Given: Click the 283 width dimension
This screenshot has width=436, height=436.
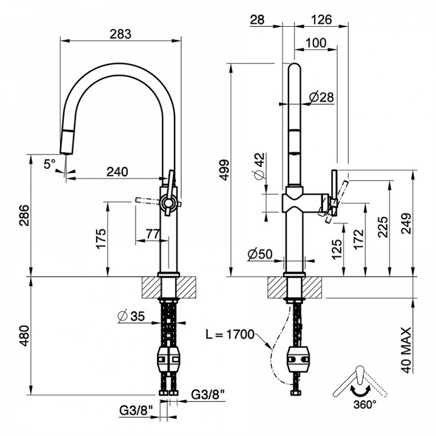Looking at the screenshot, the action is pyautogui.click(x=120, y=34).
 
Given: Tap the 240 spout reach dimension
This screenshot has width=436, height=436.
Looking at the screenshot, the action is pyautogui.click(x=117, y=171).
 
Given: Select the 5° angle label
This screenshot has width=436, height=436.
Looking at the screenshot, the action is pyautogui.click(x=50, y=164).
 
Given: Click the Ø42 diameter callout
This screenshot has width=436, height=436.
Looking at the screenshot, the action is pyautogui.click(x=261, y=166).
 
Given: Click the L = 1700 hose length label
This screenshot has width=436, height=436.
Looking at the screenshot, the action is pyautogui.click(x=230, y=334).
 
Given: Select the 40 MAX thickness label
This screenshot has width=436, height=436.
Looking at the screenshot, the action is pyautogui.click(x=407, y=350).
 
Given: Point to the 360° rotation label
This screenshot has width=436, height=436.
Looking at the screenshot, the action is pyautogui.click(x=365, y=405).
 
